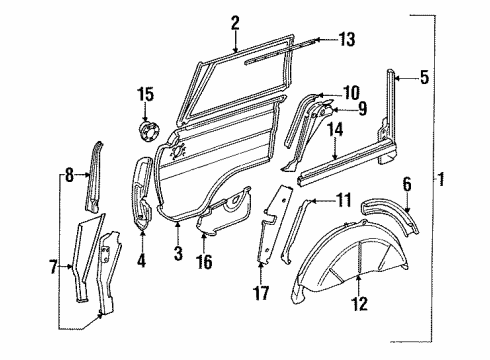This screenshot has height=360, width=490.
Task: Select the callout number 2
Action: (234, 22)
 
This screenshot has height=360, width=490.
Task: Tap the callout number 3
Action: (178, 256)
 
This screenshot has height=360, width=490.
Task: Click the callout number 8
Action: (67, 175)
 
